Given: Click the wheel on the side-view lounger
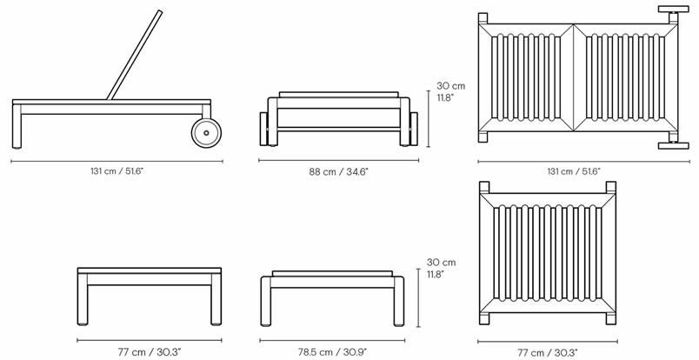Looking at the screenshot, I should tap(207, 133).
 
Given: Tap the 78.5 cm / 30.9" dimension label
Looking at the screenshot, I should tap(333, 351).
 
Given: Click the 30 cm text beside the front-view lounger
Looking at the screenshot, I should tap(451, 86).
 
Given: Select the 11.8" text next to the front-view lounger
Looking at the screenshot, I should tap(444, 98).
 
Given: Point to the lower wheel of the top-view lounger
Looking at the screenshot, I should tap(671, 146).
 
